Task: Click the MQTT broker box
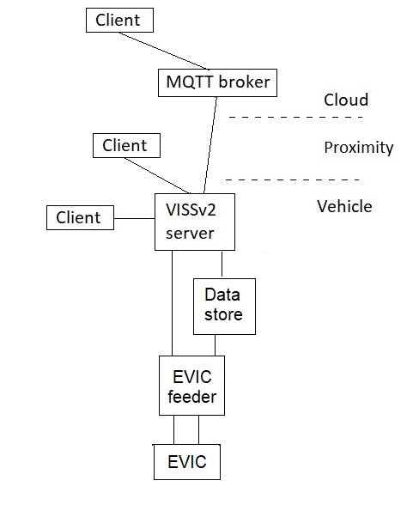(x=217, y=82)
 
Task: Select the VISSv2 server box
(x=195, y=222)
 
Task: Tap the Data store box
(x=224, y=307)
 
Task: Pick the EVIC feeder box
(x=191, y=386)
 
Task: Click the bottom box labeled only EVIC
(x=187, y=462)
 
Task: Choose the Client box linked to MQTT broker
(x=119, y=21)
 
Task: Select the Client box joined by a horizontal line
(x=80, y=217)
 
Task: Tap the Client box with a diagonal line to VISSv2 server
(x=126, y=145)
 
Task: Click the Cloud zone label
(x=346, y=100)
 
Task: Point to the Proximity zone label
(x=359, y=148)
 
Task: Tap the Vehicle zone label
(x=344, y=206)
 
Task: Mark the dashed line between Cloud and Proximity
(x=296, y=117)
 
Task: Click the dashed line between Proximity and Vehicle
(x=293, y=179)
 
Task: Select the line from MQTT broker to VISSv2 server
(x=210, y=145)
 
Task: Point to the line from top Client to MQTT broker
(x=164, y=51)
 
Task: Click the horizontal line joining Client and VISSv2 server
(x=134, y=218)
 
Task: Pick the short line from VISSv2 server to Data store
(x=222, y=265)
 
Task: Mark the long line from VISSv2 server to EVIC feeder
(x=172, y=303)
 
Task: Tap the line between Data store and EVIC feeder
(x=215, y=345)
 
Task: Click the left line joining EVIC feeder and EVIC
(x=174, y=429)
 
